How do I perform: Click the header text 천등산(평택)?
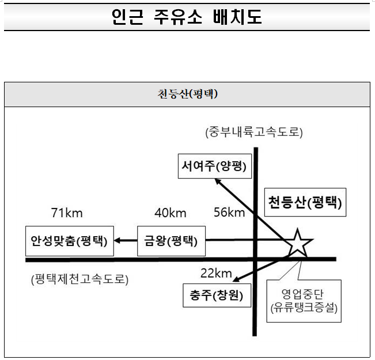[187, 94]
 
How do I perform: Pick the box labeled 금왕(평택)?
[171, 241]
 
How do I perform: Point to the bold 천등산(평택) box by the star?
[305, 202]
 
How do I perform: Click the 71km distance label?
[67, 213]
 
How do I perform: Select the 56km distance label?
[229, 212]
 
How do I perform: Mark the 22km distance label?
[216, 272]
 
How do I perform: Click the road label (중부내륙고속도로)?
[254, 132]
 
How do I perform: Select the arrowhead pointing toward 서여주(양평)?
[218, 181]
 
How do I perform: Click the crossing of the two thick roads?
[255, 259]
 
